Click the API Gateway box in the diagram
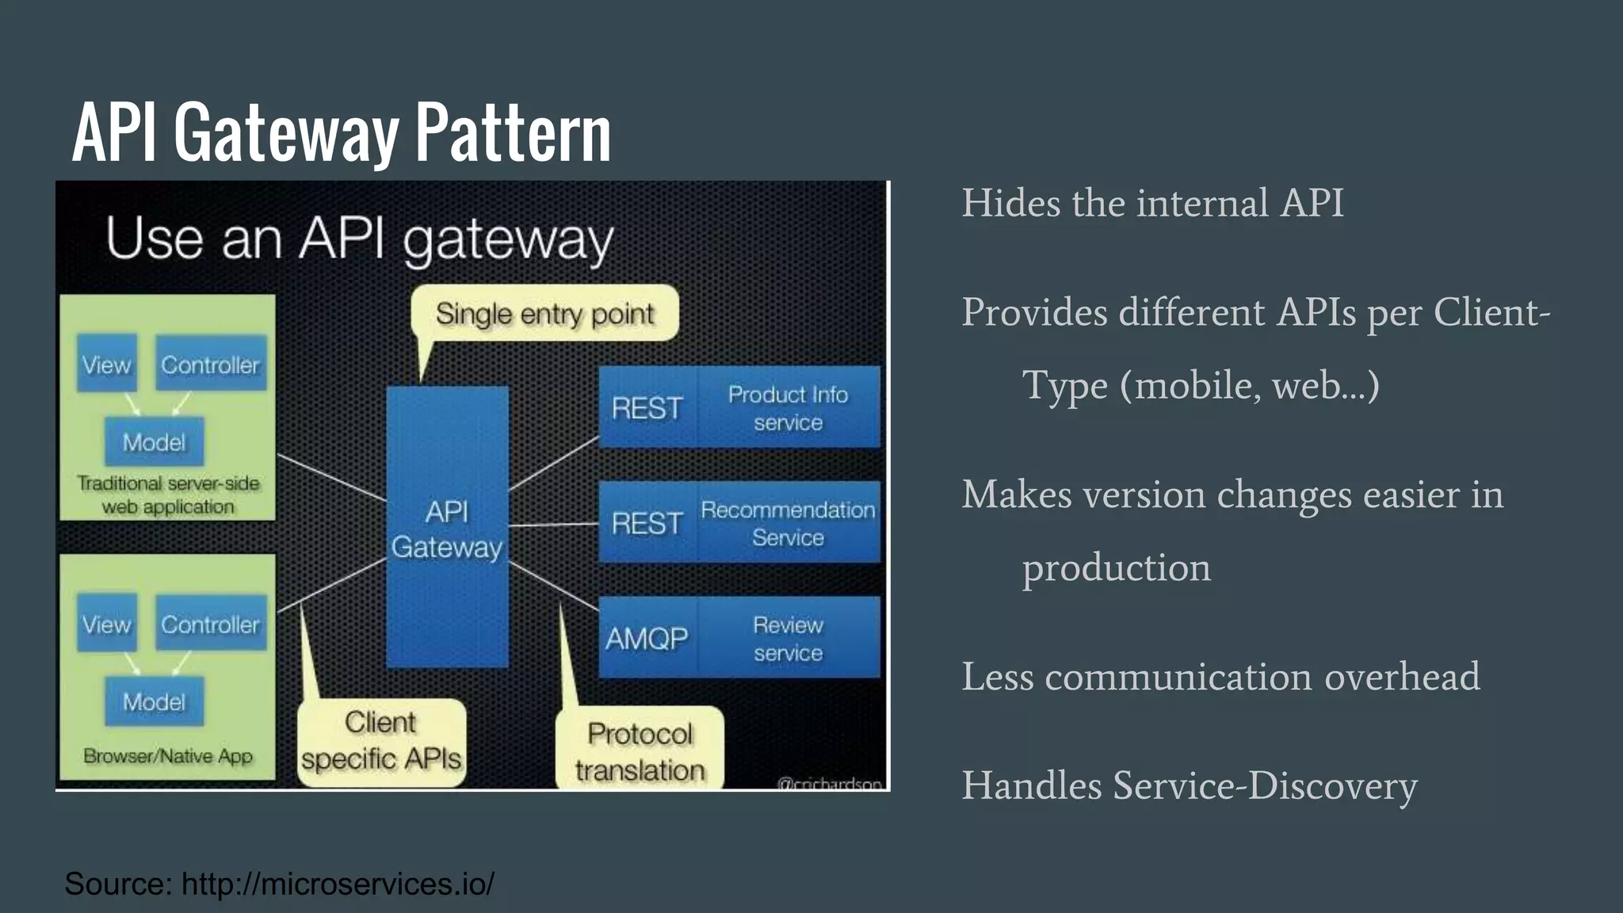447,528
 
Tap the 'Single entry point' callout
545,314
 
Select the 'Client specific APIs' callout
381,742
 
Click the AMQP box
647,638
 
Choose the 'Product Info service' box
788,407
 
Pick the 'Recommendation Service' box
788,523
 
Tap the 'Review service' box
788,638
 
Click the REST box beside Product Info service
647,407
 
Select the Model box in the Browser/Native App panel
154,701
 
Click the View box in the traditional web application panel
106,365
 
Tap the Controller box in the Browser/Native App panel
210,624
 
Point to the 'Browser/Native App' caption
168,756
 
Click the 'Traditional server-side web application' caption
168,495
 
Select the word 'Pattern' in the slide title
514,133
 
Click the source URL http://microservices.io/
338,884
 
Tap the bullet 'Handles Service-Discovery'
1189,786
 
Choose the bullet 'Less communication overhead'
1220,677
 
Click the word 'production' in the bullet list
1116,568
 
